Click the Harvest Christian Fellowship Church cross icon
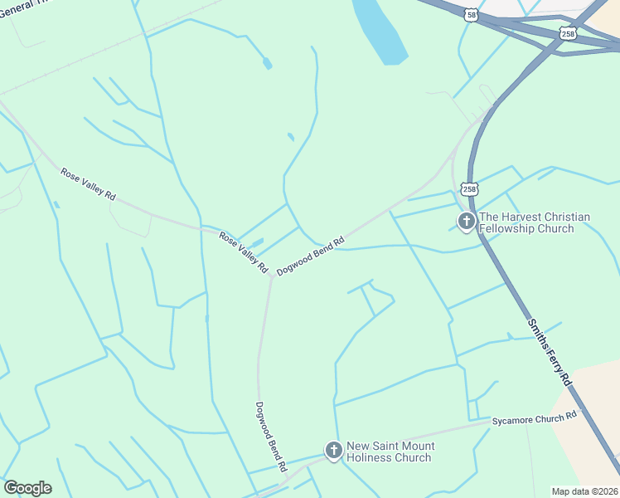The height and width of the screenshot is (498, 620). (467, 222)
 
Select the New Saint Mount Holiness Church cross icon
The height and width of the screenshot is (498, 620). (333, 451)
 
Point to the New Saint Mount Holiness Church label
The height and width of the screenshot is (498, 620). (390, 452)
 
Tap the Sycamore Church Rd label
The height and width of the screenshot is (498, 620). (533, 420)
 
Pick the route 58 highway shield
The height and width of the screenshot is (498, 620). (471, 16)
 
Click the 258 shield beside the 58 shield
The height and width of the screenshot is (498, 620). (567, 33)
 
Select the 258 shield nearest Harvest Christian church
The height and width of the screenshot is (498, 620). (470, 189)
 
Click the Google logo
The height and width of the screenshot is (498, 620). (27, 488)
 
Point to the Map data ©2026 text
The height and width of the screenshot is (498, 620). (584, 491)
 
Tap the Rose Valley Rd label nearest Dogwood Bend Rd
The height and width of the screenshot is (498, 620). (244, 253)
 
